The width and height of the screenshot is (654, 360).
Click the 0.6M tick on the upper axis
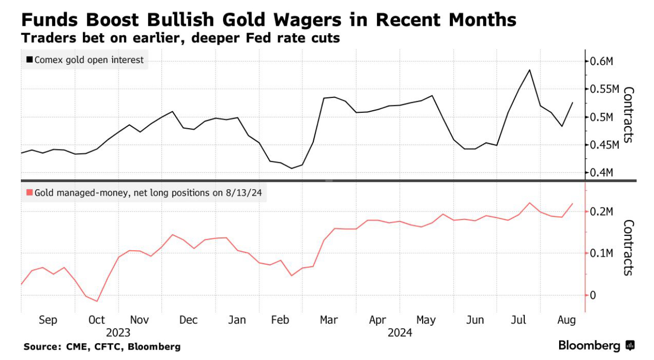point(602,62)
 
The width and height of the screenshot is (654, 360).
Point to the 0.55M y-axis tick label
point(604,89)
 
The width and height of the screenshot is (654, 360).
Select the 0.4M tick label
point(602,172)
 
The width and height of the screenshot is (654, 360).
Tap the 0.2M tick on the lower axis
point(602,212)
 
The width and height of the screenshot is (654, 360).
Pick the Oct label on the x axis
point(97,320)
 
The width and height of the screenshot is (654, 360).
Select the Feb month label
point(281,320)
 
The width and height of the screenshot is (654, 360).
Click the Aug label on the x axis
point(567,320)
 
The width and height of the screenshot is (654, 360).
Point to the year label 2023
point(118,333)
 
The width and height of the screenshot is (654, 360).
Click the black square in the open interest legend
point(30,60)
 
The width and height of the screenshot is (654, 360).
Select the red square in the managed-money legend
point(30,193)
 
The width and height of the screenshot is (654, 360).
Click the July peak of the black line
point(530,70)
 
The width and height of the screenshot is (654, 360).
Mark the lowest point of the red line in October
point(97,301)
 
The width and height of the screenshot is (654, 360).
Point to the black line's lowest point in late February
point(291,168)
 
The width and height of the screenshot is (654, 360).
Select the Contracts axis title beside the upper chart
point(628,115)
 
